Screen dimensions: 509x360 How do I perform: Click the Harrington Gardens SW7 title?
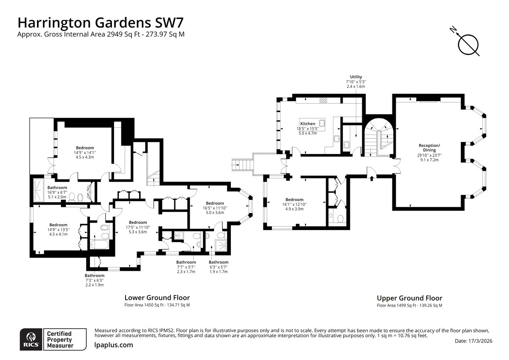pos(101,23)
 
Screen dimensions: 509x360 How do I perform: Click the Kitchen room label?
pos(308,124)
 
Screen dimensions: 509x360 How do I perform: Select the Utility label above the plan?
pos(356,77)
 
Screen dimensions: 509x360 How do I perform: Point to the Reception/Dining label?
pos(429,148)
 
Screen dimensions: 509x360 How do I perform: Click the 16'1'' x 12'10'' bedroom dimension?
pos(294,205)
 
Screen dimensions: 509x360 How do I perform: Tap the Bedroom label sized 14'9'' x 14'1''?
pos(85,148)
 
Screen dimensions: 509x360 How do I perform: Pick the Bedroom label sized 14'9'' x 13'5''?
pos(59,225)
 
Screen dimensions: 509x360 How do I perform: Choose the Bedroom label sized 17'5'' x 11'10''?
pos(138,222)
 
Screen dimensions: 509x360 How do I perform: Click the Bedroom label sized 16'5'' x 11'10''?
pos(215,203)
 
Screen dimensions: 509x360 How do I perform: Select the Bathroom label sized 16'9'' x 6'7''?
pos(57,188)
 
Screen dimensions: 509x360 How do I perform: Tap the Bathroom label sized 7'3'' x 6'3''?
pos(95,276)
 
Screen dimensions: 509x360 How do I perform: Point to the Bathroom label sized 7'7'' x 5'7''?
pos(186,262)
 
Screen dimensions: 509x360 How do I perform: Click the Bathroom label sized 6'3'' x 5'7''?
pos(218,262)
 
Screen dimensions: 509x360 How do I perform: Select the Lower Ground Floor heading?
pos(157,298)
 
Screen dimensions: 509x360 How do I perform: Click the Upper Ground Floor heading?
pos(409,298)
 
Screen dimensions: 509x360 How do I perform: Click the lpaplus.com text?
pos(114,345)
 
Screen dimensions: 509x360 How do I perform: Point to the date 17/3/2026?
pos(480,341)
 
